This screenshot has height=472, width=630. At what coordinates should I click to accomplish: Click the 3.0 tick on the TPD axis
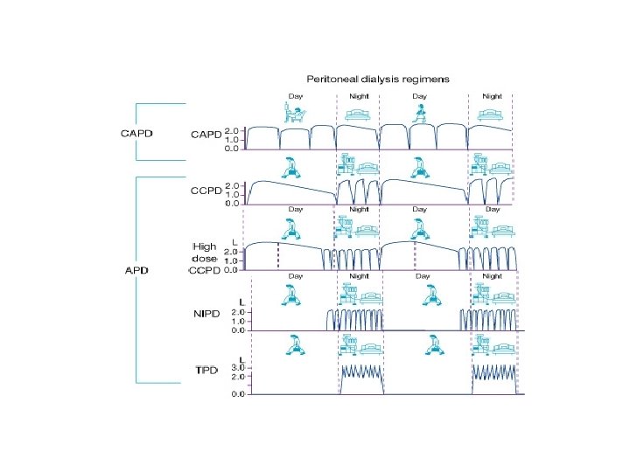tap(237, 368)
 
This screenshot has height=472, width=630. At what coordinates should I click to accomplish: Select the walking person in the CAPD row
tap(420, 111)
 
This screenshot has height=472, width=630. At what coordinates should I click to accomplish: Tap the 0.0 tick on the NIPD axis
tap(237, 330)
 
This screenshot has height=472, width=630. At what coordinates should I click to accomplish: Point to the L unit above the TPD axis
tap(241, 358)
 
